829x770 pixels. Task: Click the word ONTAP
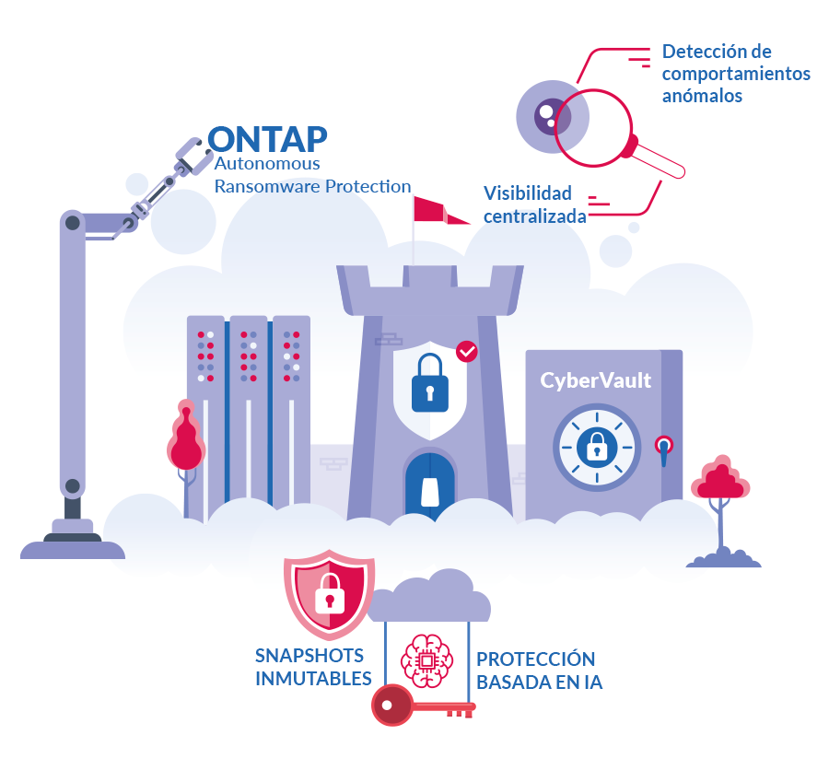[267, 139]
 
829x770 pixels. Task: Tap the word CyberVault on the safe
[595, 380]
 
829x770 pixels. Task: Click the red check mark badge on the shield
[467, 352]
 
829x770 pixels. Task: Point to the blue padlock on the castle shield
[430, 383]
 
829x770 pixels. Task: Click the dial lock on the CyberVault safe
[597, 448]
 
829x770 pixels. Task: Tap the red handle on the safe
[664, 450]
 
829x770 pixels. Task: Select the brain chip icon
[426, 661]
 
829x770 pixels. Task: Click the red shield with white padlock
[330, 594]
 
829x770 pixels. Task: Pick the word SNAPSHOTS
[309, 656]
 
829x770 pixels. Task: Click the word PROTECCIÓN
[535, 659]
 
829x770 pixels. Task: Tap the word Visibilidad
[527, 193]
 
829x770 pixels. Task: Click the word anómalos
[702, 96]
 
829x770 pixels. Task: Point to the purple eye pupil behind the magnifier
[551, 116]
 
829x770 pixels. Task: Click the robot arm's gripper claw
[189, 156]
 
